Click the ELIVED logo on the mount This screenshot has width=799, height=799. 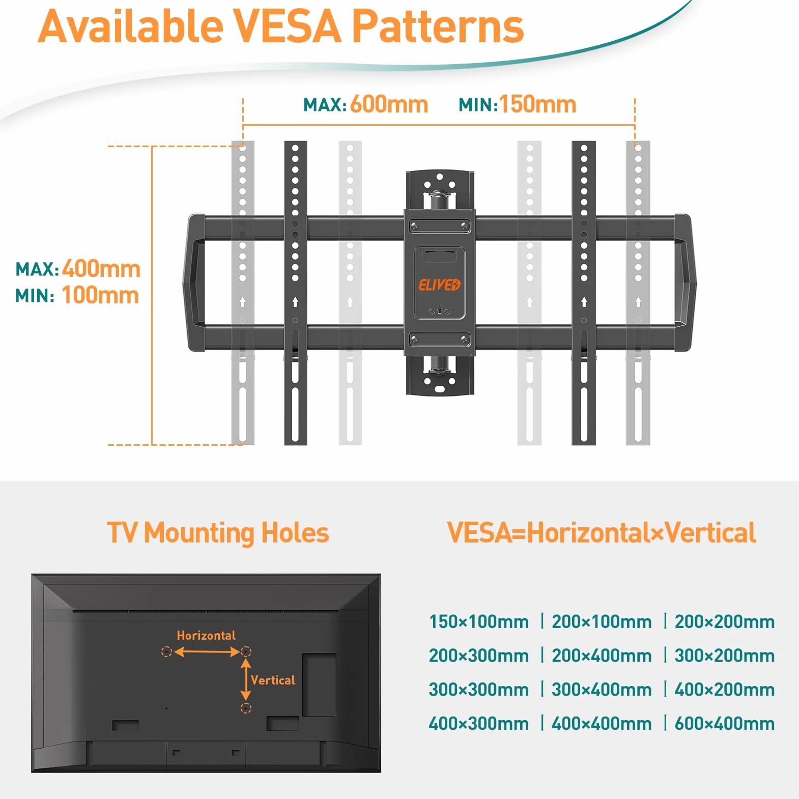439,285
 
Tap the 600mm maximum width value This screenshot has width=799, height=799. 389,104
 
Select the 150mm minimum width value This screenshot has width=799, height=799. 538,104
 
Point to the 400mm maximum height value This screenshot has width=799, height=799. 101,269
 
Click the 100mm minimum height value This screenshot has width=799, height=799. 100,295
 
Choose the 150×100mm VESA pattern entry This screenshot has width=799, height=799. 479,621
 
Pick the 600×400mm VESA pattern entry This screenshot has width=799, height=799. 725,723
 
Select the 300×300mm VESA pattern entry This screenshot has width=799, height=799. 479,690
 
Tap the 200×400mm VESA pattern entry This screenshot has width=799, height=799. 602,655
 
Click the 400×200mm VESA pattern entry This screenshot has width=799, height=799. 725,690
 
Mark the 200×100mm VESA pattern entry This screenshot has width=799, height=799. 602,621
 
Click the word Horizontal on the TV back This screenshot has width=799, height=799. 206,635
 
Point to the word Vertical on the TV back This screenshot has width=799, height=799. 273,680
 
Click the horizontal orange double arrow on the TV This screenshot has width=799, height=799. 207,651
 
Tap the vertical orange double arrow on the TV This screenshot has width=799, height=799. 246,679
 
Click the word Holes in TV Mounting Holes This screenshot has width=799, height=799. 295,533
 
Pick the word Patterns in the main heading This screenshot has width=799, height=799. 438,26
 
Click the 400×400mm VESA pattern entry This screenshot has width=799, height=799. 602,723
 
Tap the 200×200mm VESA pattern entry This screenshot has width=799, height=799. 725,621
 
